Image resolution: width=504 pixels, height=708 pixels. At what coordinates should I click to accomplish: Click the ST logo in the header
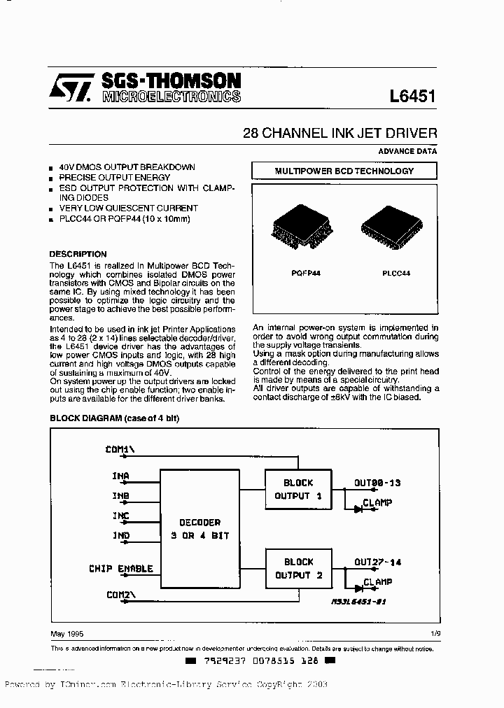pyautogui.click(x=70, y=89)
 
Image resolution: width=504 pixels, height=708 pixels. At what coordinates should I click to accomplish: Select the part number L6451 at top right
pyautogui.click(x=412, y=97)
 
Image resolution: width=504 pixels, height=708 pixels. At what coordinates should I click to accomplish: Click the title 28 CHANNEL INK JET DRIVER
pyautogui.click(x=339, y=133)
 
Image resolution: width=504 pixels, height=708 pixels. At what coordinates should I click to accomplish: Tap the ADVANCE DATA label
pyautogui.click(x=407, y=150)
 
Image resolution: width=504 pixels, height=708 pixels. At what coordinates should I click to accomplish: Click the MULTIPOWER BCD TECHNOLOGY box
pyautogui.click(x=344, y=171)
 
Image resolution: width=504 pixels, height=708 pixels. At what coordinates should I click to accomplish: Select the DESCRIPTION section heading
pyautogui.click(x=78, y=254)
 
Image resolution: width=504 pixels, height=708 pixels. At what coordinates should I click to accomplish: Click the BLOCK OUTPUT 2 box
pyautogui.click(x=298, y=568)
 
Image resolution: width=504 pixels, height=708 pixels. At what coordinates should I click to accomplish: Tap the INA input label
pyautogui.click(x=120, y=476)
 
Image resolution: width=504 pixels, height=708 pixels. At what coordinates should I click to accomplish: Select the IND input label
pyautogui.click(x=120, y=535)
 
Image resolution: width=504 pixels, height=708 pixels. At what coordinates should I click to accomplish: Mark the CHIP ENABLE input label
pyautogui.click(x=120, y=569)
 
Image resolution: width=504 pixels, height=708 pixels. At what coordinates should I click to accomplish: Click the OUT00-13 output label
pyautogui.click(x=377, y=483)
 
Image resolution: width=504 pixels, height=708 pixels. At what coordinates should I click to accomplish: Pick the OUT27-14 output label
pyautogui.click(x=377, y=561)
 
